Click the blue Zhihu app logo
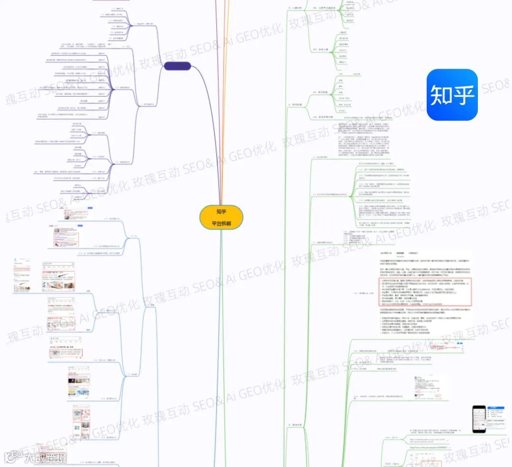(x=452, y=95)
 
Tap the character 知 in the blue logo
(x=440, y=95)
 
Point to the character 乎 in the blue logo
(x=463, y=95)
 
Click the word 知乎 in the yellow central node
(x=221, y=212)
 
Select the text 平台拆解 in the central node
(x=221, y=224)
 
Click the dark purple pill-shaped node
(x=177, y=66)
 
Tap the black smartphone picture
(x=479, y=419)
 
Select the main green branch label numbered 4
(x=298, y=104)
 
